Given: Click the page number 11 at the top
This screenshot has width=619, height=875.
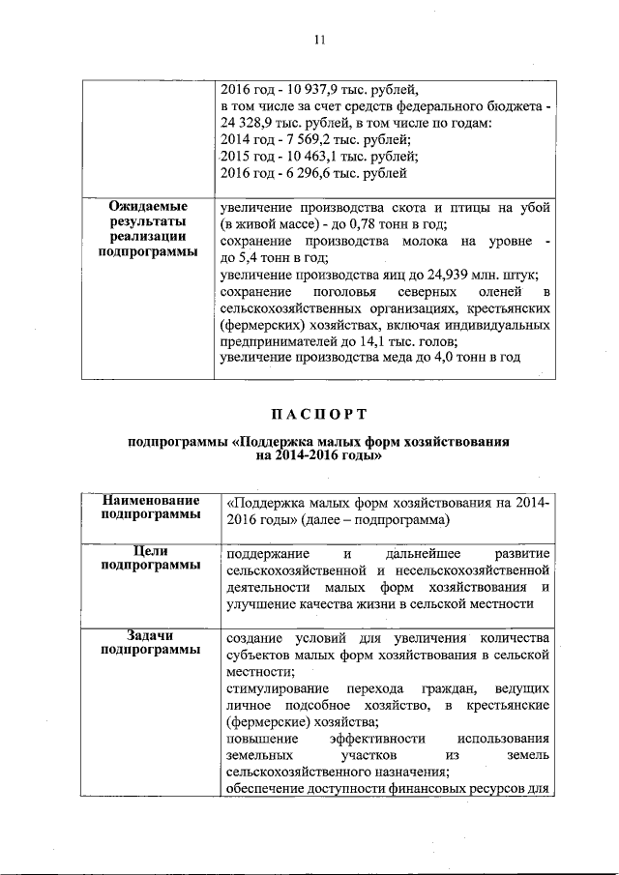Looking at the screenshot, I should (x=319, y=40).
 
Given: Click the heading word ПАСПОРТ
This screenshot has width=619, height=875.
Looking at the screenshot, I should (x=318, y=415).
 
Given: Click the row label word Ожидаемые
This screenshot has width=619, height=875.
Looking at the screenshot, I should (x=147, y=207).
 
